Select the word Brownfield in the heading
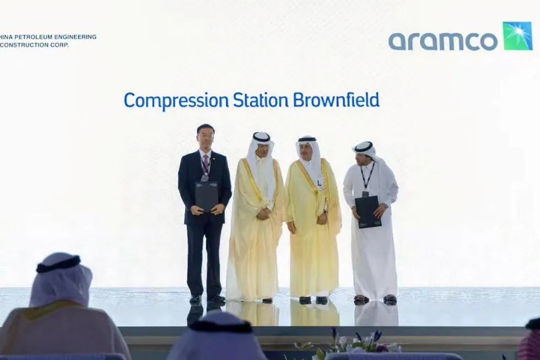pos(336,101)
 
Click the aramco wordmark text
pos(442,41)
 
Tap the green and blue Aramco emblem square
pos(517,36)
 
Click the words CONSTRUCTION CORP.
pos(34,45)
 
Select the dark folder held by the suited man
pos(206,196)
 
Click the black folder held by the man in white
pos(368,211)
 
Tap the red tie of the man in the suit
pos(206,163)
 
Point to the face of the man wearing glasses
pos(206,137)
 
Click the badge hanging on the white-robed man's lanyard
pos(365,194)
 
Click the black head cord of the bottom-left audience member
pos(58,265)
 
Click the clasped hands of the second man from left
pos(263,213)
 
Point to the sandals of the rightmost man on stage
pos(375,299)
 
